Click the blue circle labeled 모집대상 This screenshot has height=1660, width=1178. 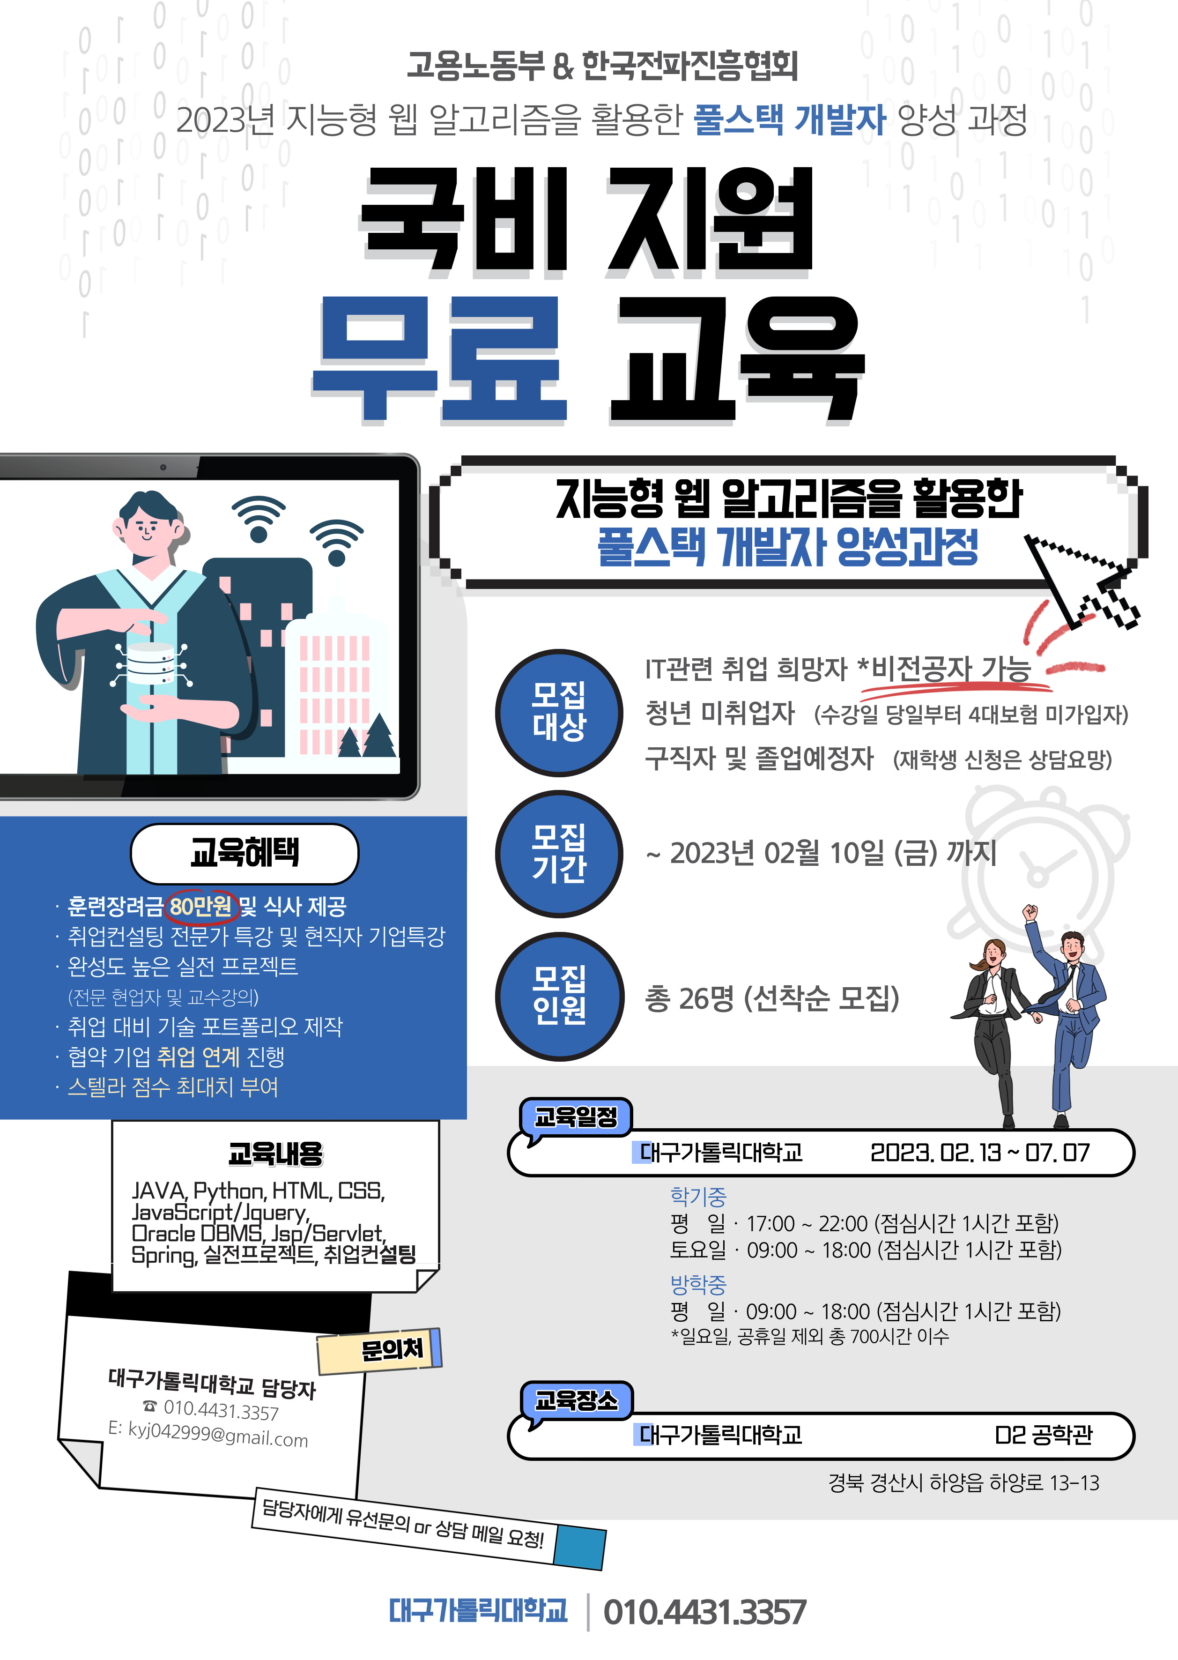pos(558,713)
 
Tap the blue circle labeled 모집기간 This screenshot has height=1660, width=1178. pos(558,854)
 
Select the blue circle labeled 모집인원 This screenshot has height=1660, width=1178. pos(558,996)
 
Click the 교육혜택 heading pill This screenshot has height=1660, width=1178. pos(244,853)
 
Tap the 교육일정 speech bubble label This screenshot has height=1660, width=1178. pos(576,1117)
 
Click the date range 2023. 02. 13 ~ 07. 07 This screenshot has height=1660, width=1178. pos(980,1152)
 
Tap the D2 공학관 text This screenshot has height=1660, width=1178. pos(1043,1434)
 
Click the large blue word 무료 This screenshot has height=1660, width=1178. pos(439,361)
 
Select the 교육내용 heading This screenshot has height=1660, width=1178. pos(275,1154)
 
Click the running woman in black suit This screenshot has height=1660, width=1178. pos(995,1031)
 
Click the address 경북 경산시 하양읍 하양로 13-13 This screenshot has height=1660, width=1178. pos(963,1482)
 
